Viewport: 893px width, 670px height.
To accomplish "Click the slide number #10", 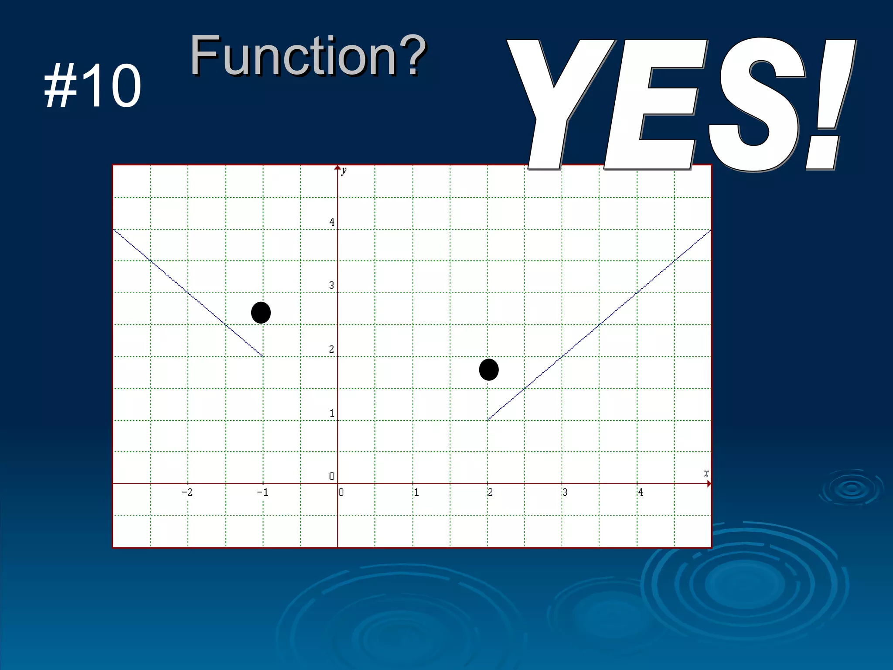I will point(92,85).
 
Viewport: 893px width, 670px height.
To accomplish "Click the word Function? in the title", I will point(307,55).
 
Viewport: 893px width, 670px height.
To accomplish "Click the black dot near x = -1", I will point(261,313).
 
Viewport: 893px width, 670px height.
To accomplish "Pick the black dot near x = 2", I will point(489,370).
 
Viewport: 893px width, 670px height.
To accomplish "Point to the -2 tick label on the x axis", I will point(187,492).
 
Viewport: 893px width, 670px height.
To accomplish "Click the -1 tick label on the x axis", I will point(262,492).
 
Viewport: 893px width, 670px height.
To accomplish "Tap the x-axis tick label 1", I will point(416,492).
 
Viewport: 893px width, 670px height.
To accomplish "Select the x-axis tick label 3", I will point(565,492).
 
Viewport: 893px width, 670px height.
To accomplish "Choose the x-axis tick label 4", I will point(640,492).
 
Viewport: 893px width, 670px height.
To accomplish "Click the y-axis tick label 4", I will point(332,222).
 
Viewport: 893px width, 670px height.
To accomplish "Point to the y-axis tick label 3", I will point(332,286).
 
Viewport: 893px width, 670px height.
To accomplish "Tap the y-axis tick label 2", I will point(332,349).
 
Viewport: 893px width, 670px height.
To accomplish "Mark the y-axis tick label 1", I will point(332,413).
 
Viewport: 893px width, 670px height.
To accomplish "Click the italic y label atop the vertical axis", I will point(344,171).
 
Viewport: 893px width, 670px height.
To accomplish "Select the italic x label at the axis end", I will point(706,473).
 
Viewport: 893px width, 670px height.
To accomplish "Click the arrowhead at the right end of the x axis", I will point(709,484).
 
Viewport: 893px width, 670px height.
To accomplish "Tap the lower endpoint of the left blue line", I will point(262,356).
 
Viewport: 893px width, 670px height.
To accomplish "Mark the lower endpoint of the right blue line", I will point(488,420).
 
